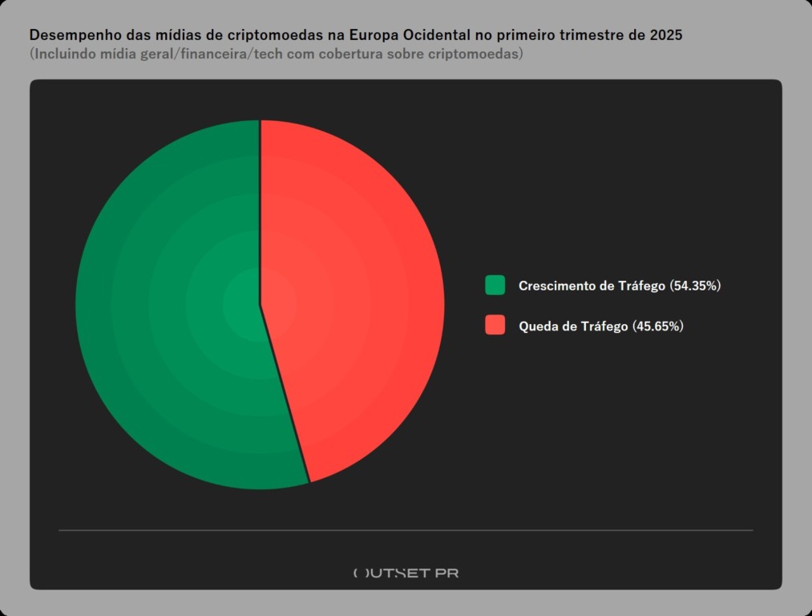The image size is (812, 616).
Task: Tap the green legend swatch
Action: click(x=495, y=286)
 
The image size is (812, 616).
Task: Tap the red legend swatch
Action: click(x=495, y=326)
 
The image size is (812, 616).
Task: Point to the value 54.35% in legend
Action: click(x=696, y=286)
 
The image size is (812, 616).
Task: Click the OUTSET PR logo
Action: click(x=406, y=573)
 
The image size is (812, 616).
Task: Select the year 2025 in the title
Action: click(x=666, y=36)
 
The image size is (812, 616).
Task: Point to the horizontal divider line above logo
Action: click(x=406, y=530)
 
